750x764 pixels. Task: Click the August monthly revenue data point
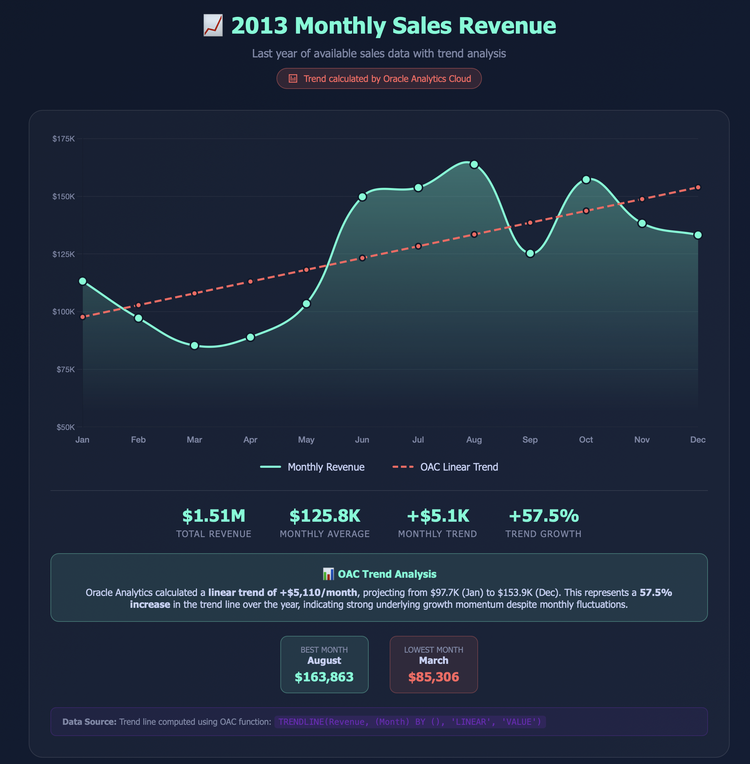(474, 165)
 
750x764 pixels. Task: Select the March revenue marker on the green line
(194, 346)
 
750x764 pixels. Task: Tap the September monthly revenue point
(530, 253)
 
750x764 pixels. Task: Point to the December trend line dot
(698, 187)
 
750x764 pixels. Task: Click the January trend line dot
(83, 317)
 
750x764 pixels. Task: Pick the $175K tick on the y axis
(63, 139)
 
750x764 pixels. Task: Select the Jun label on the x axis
(362, 440)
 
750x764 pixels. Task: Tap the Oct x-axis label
(586, 440)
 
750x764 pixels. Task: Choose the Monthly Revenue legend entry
(312, 467)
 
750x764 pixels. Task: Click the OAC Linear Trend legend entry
(445, 467)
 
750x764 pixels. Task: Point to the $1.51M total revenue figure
(213, 516)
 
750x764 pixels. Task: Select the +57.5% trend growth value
(544, 516)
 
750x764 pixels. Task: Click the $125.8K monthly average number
(325, 516)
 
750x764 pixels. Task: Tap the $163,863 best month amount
(324, 677)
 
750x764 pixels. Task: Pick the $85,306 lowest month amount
(433, 677)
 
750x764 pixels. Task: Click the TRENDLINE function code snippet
(410, 722)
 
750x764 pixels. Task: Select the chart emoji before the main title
(213, 26)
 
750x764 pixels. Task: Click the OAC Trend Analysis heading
(379, 574)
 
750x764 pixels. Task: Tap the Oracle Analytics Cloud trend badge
(379, 79)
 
